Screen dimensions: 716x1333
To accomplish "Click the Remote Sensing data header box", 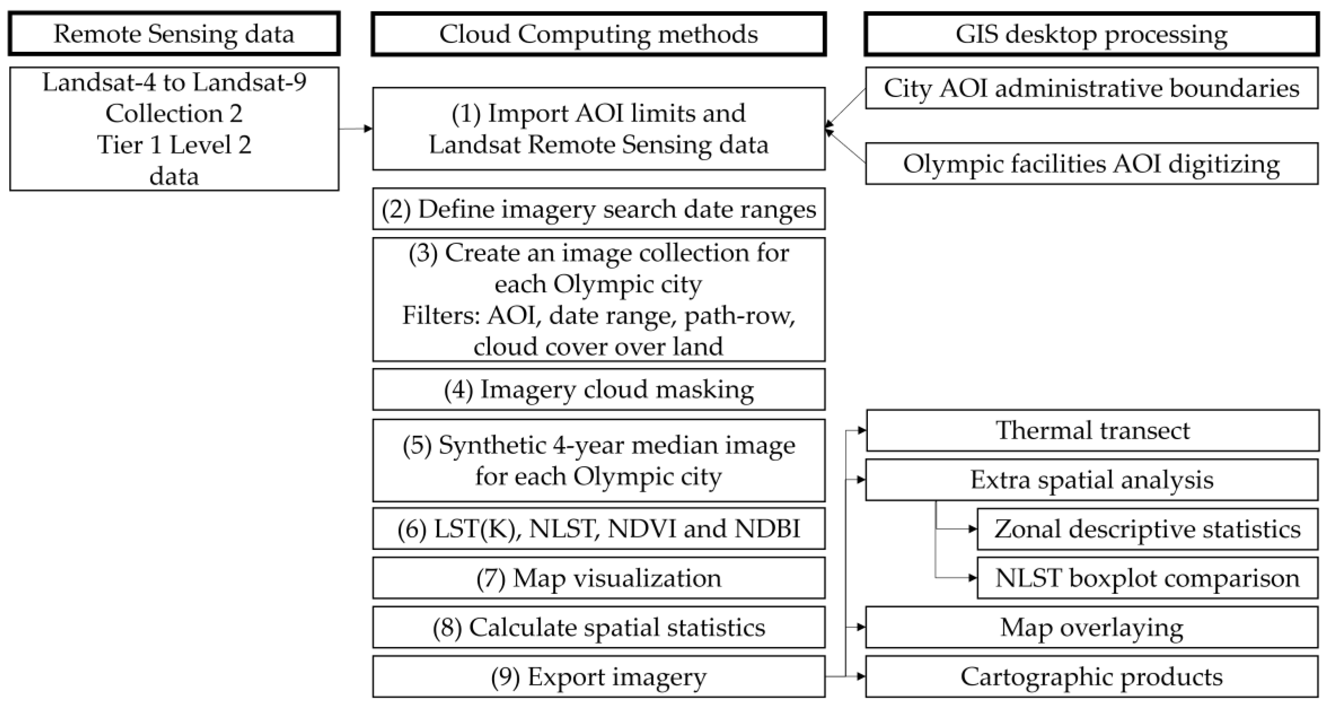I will coord(174,34).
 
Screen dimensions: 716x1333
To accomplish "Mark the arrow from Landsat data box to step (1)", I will coord(356,128).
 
